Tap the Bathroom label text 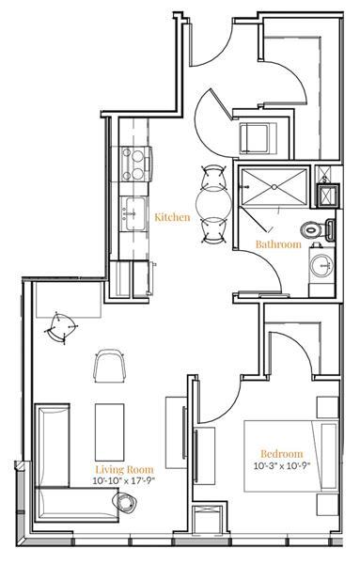tap(278, 244)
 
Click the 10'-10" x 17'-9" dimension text tap(124, 479)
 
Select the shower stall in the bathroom tap(273, 188)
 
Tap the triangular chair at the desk tap(64, 324)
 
